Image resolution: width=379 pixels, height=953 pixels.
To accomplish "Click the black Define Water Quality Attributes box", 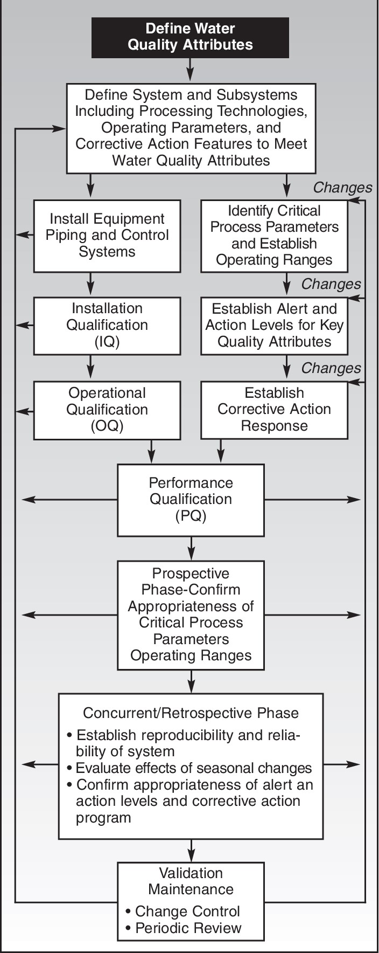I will click(190, 37).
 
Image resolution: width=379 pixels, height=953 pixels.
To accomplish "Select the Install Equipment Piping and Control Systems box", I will click(107, 236).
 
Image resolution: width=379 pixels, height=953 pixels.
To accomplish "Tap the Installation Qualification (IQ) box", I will click(107, 325).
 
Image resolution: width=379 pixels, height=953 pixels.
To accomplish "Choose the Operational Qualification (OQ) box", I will click(107, 410).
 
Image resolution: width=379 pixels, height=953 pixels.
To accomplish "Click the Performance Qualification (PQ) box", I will click(191, 500).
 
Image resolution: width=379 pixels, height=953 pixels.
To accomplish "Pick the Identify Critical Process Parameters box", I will click(274, 236).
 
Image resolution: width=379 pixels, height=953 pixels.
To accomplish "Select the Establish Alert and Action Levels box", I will click(274, 325).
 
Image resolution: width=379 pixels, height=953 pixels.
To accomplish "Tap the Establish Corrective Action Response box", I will click(274, 410).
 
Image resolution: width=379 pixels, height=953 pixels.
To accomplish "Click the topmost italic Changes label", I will click(342, 188).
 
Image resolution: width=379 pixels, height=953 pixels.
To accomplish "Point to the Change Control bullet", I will click(183, 911).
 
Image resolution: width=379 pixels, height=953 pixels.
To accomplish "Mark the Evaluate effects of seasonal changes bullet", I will click(189, 768).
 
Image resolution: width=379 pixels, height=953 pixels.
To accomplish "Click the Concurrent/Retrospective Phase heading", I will click(191, 713).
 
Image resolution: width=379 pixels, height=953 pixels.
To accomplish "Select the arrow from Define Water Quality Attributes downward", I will click(190, 70).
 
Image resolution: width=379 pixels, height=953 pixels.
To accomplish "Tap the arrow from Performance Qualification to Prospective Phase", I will click(191, 548).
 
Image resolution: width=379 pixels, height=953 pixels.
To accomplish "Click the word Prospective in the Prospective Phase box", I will click(191, 574).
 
